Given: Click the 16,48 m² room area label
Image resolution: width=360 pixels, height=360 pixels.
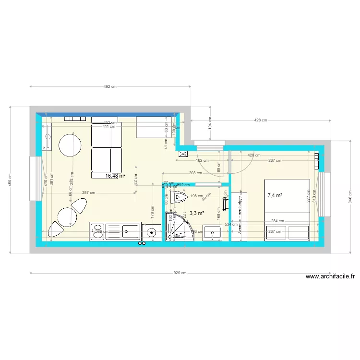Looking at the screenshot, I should click(115, 176).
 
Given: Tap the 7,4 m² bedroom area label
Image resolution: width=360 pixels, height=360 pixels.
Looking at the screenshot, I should click(275, 195).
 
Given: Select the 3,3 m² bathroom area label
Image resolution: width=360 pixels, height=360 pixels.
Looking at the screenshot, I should click(197, 213).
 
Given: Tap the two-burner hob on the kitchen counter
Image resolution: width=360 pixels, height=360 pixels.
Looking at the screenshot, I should click(97, 232).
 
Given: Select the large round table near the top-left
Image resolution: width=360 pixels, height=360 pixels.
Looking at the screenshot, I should click(71, 145).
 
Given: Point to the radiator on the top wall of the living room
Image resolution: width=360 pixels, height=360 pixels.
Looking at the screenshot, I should click(75, 119).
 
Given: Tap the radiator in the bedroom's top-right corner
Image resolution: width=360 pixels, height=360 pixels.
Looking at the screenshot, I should click(317, 161).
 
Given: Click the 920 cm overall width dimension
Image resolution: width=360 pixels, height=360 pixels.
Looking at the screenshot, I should click(180, 273).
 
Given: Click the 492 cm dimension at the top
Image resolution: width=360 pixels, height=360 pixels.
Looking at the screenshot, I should click(110, 87).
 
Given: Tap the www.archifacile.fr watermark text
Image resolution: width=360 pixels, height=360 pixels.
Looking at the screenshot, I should click(330, 276).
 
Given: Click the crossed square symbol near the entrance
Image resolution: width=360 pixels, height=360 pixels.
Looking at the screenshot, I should click(183, 154).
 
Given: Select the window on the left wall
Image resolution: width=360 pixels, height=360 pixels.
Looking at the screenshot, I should click(34, 178).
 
